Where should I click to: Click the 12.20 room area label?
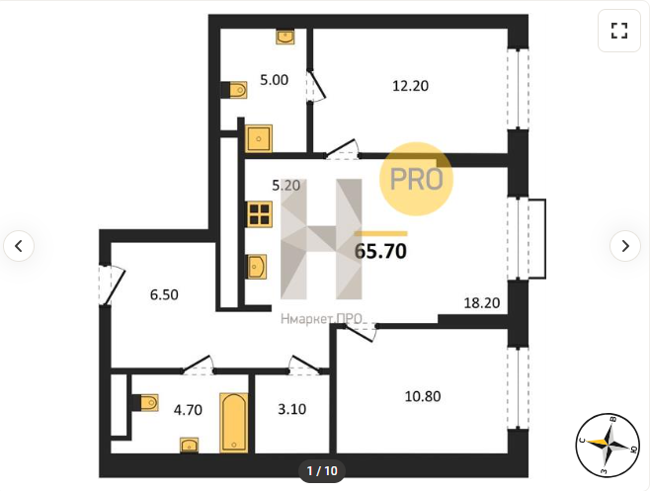click(410, 86)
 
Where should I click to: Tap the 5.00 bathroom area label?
click(274, 80)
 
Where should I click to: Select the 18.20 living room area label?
click(482, 302)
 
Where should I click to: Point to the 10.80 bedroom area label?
click(423, 396)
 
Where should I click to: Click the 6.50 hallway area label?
click(164, 294)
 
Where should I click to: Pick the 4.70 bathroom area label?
click(188, 410)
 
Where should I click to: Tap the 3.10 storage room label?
click(291, 409)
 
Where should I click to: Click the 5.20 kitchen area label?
click(286, 186)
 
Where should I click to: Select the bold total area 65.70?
click(380, 251)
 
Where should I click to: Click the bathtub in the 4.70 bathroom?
click(234, 422)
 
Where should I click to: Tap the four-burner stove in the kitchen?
click(260, 214)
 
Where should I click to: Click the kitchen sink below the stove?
click(257, 267)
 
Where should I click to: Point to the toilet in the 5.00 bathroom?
click(234, 90)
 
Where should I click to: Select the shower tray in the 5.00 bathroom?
click(259, 138)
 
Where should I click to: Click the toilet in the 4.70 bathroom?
click(145, 403)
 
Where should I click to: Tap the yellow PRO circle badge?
click(416, 179)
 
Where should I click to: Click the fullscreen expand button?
click(619, 31)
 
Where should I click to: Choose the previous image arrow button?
click(19, 246)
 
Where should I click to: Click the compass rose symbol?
click(608, 445)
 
